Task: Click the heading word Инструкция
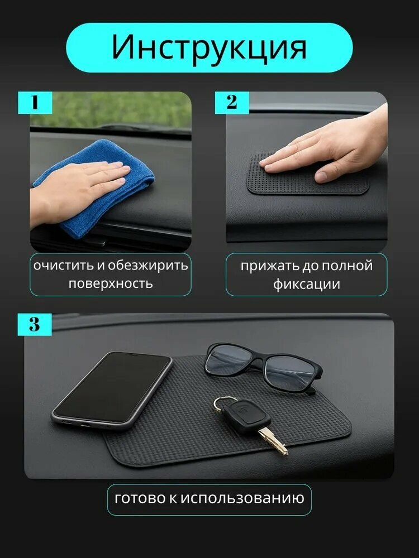209,47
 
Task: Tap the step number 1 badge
35,103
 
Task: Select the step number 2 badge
232,103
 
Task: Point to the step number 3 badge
35,324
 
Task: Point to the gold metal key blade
274,441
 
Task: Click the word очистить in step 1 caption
64,266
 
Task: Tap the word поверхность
111,284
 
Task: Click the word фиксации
306,285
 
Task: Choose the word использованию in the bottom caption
242,498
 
